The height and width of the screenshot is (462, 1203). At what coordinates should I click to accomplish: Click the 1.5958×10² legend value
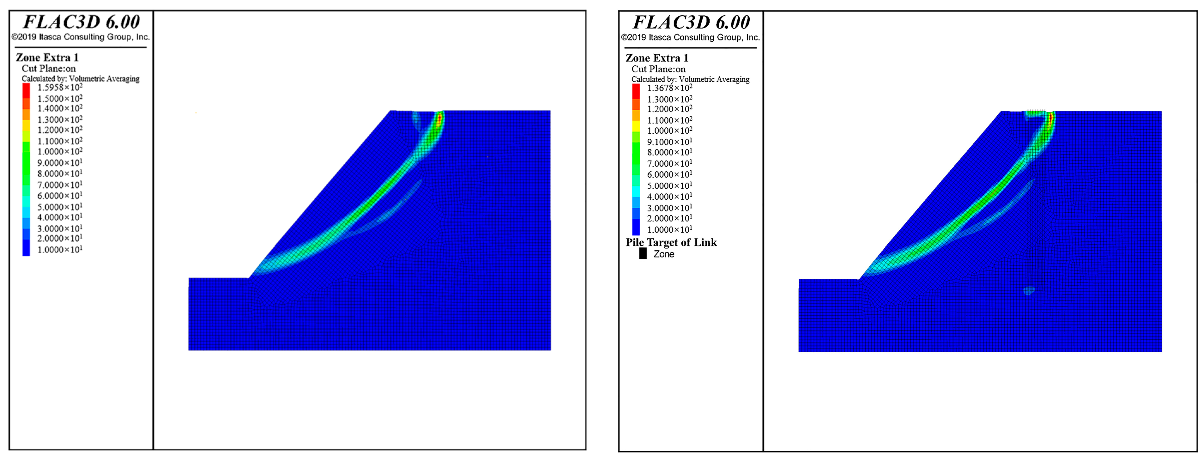click(x=60, y=87)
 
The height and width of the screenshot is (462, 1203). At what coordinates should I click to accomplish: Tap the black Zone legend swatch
click(x=643, y=254)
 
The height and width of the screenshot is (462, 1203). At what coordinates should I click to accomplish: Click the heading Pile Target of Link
click(x=671, y=242)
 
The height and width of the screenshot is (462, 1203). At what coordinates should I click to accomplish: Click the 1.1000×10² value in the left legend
click(x=60, y=141)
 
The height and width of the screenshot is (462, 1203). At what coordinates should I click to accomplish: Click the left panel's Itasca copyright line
click(x=80, y=37)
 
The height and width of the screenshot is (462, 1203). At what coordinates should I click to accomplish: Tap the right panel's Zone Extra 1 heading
click(x=656, y=58)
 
